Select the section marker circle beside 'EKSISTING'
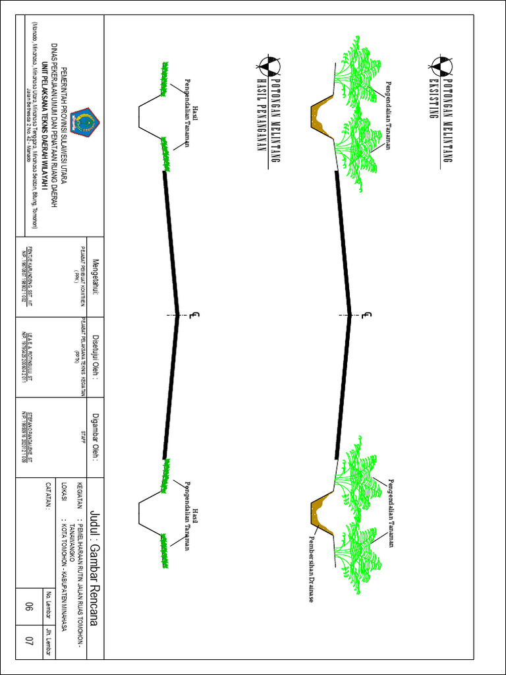(439, 65)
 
